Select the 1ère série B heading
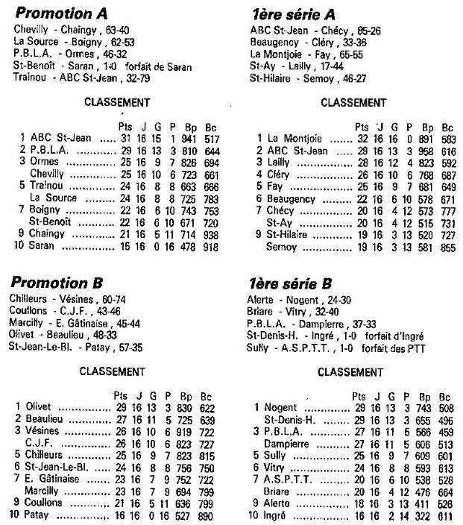[294, 283]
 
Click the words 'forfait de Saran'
[160, 66]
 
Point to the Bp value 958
[426, 150]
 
